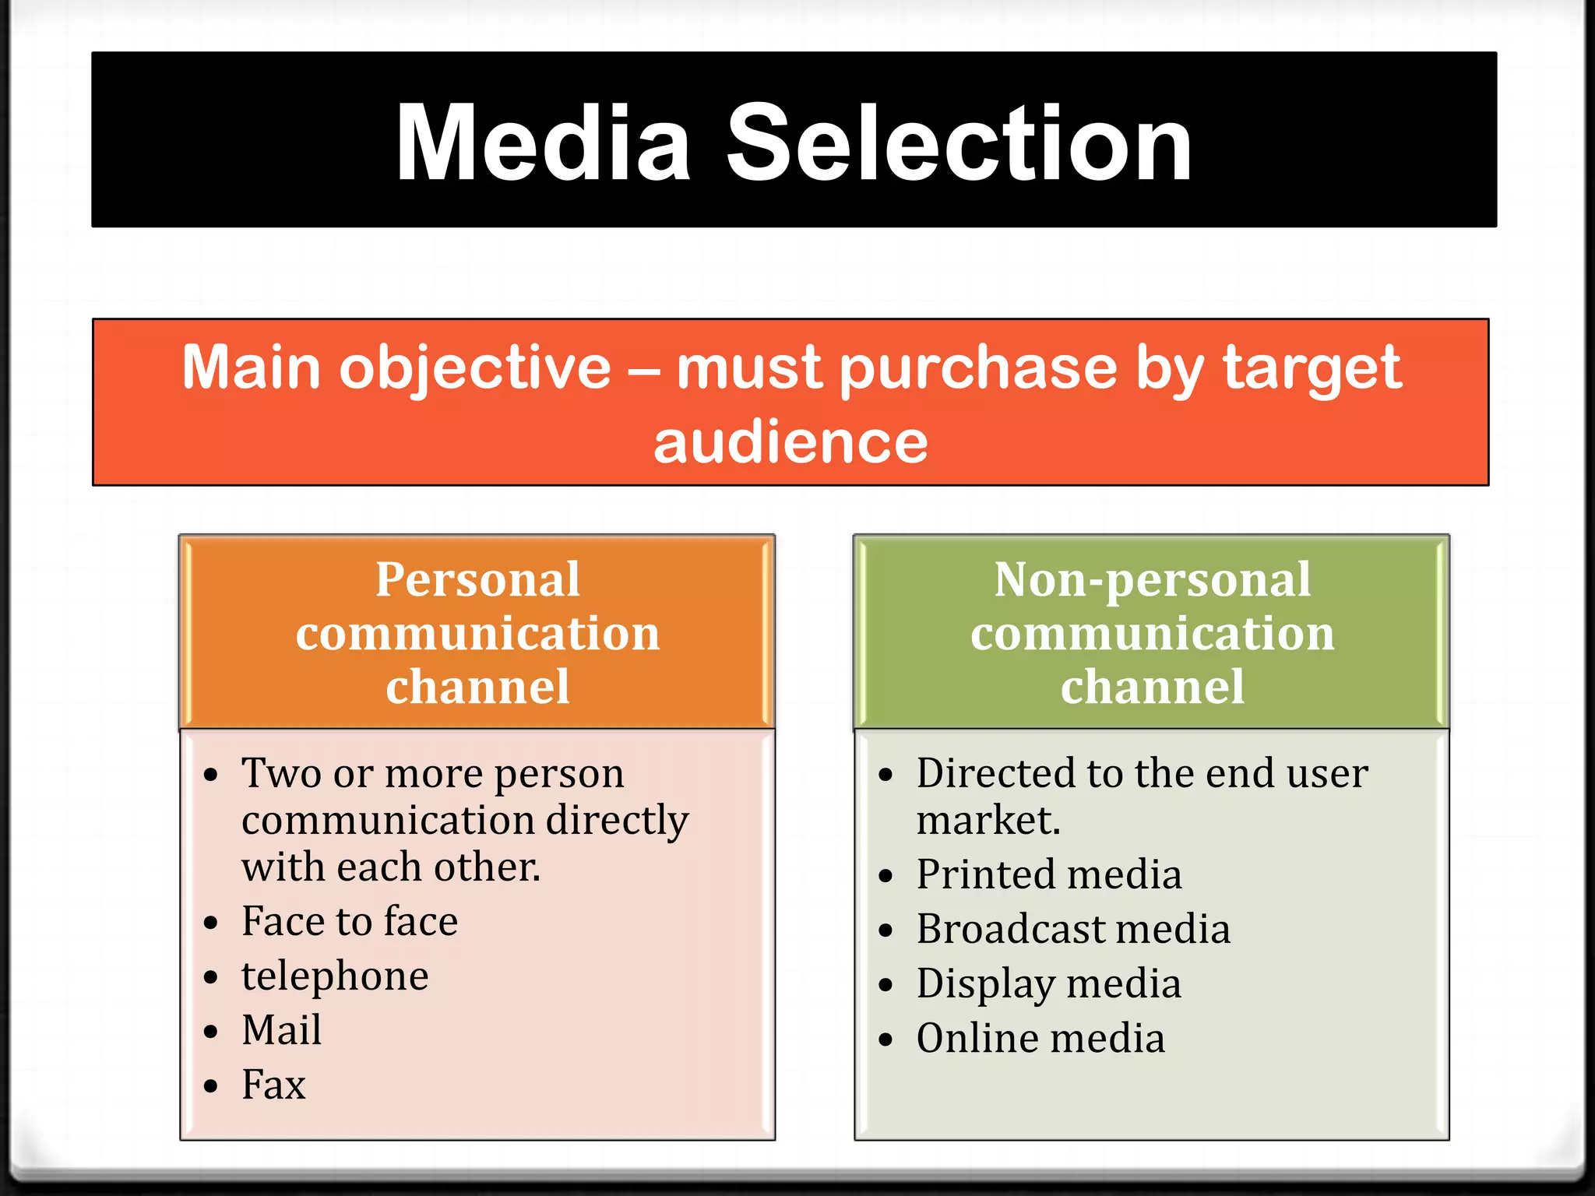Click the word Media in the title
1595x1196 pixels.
543,144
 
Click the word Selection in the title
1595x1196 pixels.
959,144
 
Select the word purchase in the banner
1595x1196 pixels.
978,369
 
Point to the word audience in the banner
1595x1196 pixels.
790,442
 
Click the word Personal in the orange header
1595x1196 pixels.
477,580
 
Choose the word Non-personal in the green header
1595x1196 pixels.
1152,580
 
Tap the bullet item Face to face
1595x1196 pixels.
350,921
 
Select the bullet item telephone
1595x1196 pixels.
335,976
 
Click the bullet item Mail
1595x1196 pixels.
281,1030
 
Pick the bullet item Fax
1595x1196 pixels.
273,1085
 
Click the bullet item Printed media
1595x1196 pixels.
1049,874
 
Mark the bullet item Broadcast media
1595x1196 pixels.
1073,929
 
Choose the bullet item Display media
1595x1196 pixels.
1049,983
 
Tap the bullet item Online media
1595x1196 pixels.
1040,1038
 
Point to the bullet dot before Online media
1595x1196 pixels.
886,1039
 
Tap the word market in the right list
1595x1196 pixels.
986,821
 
